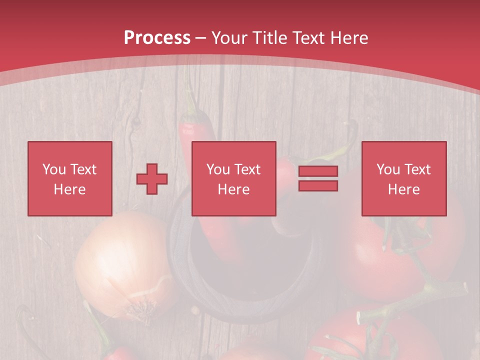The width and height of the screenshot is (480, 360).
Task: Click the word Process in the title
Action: [x=157, y=38]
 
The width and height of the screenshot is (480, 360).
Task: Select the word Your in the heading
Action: [x=230, y=38]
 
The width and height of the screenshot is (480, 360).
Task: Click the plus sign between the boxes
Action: [x=152, y=179]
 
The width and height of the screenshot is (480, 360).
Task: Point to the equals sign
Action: [x=318, y=178]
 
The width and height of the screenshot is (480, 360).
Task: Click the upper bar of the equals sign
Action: [x=318, y=171]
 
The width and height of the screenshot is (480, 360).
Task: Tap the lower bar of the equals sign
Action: [x=318, y=185]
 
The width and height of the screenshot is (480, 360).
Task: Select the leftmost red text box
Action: [x=69, y=178]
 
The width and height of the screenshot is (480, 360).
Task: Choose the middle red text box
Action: [x=233, y=178]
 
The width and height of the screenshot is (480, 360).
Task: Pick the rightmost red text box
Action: [x=403, y=178]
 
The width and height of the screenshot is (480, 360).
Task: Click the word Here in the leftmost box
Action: [x=69, y=189]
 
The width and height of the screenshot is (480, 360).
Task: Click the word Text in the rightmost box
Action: [x=417, y=169]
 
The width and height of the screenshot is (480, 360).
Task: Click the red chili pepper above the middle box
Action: [x=197, y=127]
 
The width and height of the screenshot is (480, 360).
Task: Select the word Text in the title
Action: [x=309, y=38]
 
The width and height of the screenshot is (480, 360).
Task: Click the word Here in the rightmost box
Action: [x=403, y=189]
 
